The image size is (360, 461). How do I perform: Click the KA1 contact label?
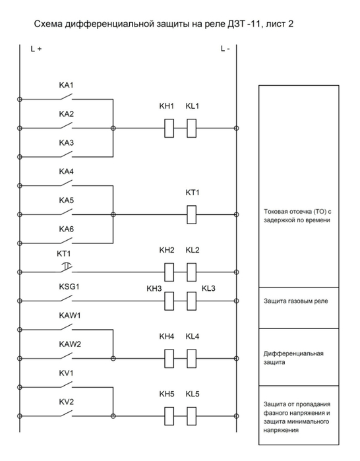coord(66,85)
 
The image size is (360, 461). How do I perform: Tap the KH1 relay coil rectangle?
coord(169,128)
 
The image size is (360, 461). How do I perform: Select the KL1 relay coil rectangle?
coord(192,128)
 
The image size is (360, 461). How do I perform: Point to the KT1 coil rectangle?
coord(192,214)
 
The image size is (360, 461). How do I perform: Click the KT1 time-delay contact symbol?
coord(67,267)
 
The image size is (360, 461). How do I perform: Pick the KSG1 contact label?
coord(69,287)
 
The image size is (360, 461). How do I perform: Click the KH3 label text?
coord(154,289)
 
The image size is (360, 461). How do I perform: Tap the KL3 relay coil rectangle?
coord(192,301)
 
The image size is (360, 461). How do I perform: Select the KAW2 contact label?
coord(70,344)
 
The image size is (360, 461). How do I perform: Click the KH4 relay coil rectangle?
coord(169,359)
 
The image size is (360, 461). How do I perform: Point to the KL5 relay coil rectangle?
coord(192,416)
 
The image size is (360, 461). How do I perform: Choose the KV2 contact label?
coord(66,402)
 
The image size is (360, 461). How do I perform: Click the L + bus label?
coord(36,49)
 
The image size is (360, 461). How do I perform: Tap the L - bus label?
coord(225,49)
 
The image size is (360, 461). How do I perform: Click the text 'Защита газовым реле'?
coord(295,301)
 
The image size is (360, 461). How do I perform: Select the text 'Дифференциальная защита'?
coord(293,358)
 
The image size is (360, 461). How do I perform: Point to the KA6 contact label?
coord(66,229)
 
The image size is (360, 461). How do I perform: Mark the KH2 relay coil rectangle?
coord(169,272)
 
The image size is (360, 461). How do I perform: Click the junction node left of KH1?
coord(113,128)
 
